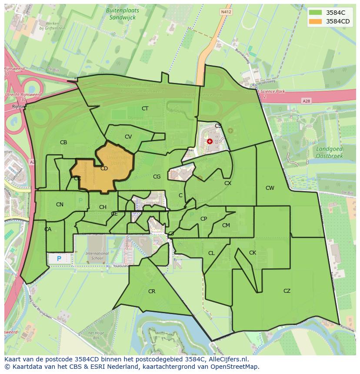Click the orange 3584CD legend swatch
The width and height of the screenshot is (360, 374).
click(x=316, y=21)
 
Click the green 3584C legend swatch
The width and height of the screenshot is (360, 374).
click(x=316, y=13)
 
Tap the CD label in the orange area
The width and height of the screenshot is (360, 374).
click(x=104, y=169)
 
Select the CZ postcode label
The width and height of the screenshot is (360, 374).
click(x=287, y=291)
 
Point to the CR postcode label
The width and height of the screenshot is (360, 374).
click(x=151, y=291)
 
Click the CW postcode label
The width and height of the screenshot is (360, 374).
click(x=270, y=188)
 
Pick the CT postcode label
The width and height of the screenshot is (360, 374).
click(x=145, y=109)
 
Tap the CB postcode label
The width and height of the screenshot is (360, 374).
click(x=63, y=142)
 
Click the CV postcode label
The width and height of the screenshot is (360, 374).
click(x=128, y=137)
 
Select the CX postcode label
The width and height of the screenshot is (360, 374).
click(x=228, y=183)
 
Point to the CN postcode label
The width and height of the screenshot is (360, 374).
click(x=60, y=205)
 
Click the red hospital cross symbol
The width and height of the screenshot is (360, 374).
click(x=210, y=141)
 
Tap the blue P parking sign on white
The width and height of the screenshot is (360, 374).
click(x=59, y=259)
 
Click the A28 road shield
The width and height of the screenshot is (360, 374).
click(x=307, y=101)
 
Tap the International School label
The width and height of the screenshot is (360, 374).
click(x=94, y=255)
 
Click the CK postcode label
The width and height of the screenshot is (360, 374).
click(x=253, y=253)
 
